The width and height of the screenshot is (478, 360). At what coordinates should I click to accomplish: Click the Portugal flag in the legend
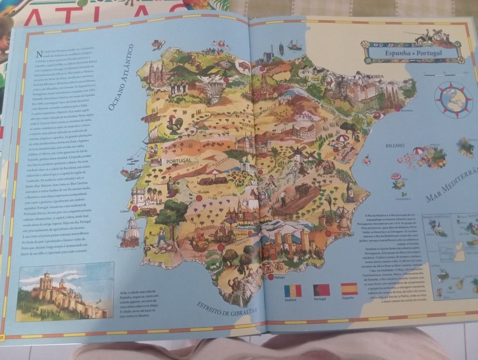321,290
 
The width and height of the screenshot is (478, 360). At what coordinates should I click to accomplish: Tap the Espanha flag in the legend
349,288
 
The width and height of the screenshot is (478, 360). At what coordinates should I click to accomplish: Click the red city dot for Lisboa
135,209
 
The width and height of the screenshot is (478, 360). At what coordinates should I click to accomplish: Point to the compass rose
453,99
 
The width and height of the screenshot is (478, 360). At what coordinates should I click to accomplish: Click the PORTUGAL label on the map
178,161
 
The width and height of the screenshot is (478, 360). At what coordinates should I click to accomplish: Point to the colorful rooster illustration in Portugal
175,124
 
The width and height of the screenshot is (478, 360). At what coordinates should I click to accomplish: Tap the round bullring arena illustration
304,130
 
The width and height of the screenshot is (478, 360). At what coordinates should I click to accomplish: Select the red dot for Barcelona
397,109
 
